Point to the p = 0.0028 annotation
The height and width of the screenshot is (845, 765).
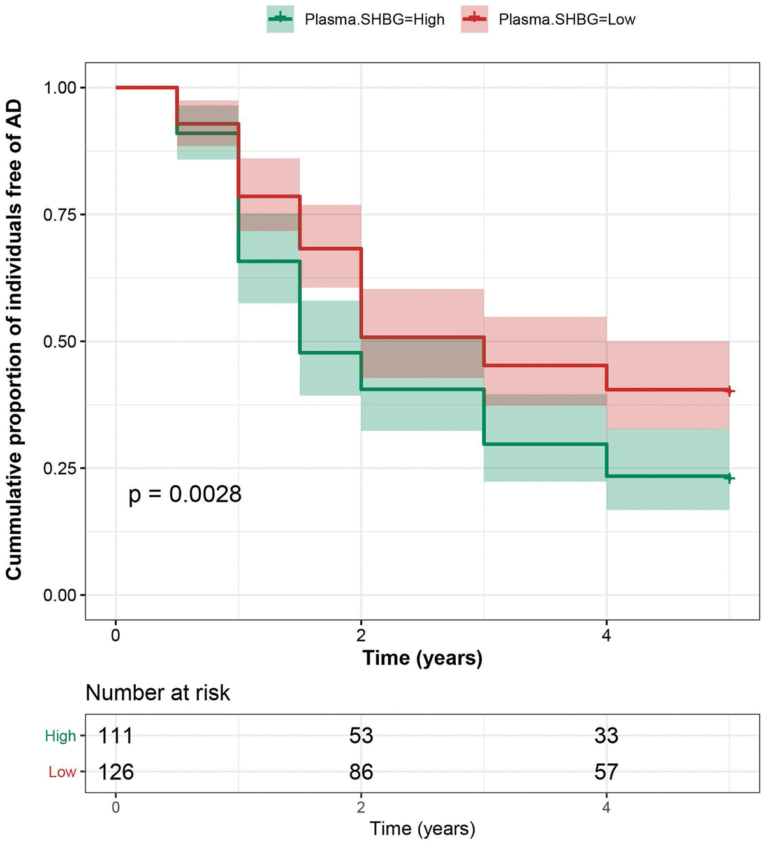(x=185, y=494)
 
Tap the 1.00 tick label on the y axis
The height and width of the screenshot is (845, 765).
(x=59, y=88)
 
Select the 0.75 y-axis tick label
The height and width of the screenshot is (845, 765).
(x=59, y=215)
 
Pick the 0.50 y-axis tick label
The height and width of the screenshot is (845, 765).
(x=59, y=342)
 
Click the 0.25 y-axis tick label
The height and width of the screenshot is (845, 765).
(x=59, y=469)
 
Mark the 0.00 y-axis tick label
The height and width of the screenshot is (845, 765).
(x=59, y=595)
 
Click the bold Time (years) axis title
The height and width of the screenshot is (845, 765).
(x=422, y=658)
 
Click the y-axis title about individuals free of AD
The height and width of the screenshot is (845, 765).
(x=14, y=340)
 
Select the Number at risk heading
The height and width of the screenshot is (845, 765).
(x=157, y=693)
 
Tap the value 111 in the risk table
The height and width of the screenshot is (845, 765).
(x=115, y=736)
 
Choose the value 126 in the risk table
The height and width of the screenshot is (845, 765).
(x=115, y=772)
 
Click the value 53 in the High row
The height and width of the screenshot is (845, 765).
(x=361, y=736)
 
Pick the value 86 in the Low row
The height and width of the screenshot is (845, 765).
(x=361, y=772)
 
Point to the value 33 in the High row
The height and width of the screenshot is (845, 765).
(x=606, y=736)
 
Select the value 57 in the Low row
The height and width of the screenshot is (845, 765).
(x=606, y=772)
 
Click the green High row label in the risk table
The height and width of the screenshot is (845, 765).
(x=61, y=737)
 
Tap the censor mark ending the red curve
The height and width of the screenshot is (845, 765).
(x=729, y=392)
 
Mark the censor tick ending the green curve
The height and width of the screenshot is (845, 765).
(x=729, y=478)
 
